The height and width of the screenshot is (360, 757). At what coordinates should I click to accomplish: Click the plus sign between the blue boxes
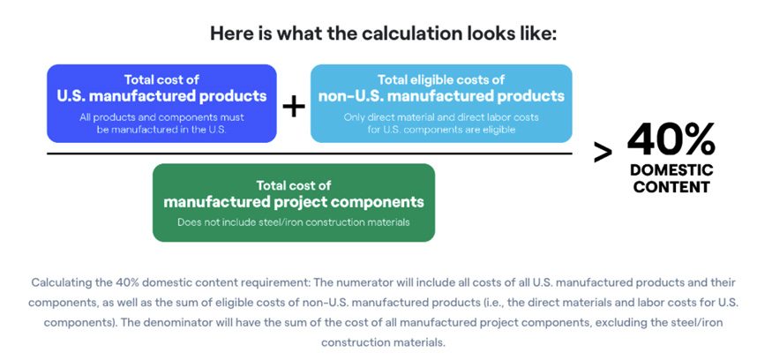pyautogui.click(x=294, y=107)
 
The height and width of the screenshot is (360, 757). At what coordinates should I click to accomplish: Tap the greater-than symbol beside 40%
pyautogui.click(x=603, y=154)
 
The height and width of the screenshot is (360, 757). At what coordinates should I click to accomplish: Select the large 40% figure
pyautogui.click(x=671, y=139)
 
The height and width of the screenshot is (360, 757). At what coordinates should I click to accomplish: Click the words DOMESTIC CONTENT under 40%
pyautogui.click(x=671, y=178)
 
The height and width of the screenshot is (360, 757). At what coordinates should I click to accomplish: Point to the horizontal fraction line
pyautogui.click(x=310, y=154)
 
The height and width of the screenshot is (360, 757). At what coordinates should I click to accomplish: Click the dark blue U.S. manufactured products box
pyautogui.click(x=161, y=103)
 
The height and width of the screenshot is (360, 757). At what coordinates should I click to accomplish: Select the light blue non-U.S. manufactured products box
pyautogui.click(x=441, y=103)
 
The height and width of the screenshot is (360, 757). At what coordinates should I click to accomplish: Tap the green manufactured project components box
pyautogui.click(x=294, y=203)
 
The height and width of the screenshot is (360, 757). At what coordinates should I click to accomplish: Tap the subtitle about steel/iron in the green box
pyautogui.click(x=294, y=222)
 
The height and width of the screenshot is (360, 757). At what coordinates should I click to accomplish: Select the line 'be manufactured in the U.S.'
pyautogui.click(x=161, y=130)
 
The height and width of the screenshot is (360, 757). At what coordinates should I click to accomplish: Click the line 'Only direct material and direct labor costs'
pyautogui.click(x=441, y=117)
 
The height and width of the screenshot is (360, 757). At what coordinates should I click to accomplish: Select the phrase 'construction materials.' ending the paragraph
pyautogui.click(x=382, y=342)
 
